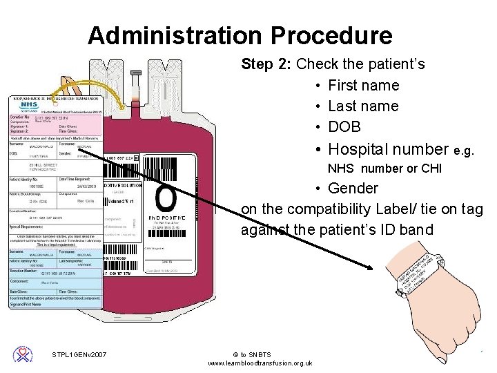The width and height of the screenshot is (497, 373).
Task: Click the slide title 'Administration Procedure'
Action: tap(240, 35)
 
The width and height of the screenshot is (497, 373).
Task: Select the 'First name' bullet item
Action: tap(363, 86)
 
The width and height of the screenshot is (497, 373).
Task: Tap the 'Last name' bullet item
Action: tap(363, 106)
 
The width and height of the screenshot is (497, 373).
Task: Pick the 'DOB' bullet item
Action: tap(344, 127)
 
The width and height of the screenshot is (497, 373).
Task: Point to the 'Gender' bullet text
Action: tap(353, 188)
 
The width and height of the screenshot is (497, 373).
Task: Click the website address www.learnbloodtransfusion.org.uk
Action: tap(260, 363)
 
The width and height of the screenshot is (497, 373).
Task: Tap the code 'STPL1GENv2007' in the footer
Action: tap(79, 355)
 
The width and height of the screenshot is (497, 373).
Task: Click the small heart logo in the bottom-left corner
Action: tap(23, 354)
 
